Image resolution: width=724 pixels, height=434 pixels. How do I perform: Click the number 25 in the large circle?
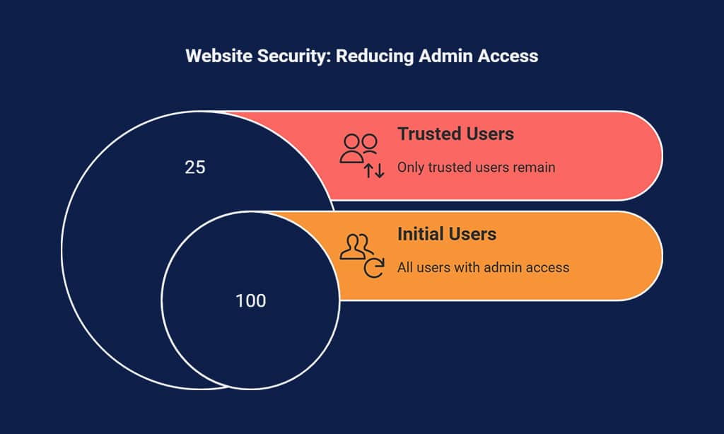point(194,168)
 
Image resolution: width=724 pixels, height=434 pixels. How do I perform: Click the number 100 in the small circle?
point(250,301)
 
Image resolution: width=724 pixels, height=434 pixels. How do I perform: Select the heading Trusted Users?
point(455,134)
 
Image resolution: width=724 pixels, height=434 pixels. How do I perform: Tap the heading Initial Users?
point(447,234)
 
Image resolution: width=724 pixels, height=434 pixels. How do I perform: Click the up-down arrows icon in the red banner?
point(374,170)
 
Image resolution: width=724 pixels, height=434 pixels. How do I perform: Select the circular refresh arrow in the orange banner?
point(373,268)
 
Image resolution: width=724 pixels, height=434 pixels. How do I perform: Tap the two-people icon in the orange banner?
point(356,245)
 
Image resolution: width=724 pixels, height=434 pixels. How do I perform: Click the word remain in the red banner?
point(535,168)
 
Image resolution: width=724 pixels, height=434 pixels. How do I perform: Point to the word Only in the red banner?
point(409,168)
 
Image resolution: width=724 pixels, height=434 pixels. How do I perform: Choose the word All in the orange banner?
point(404,267)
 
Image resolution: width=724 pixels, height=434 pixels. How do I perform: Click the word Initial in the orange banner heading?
point(420,234)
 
